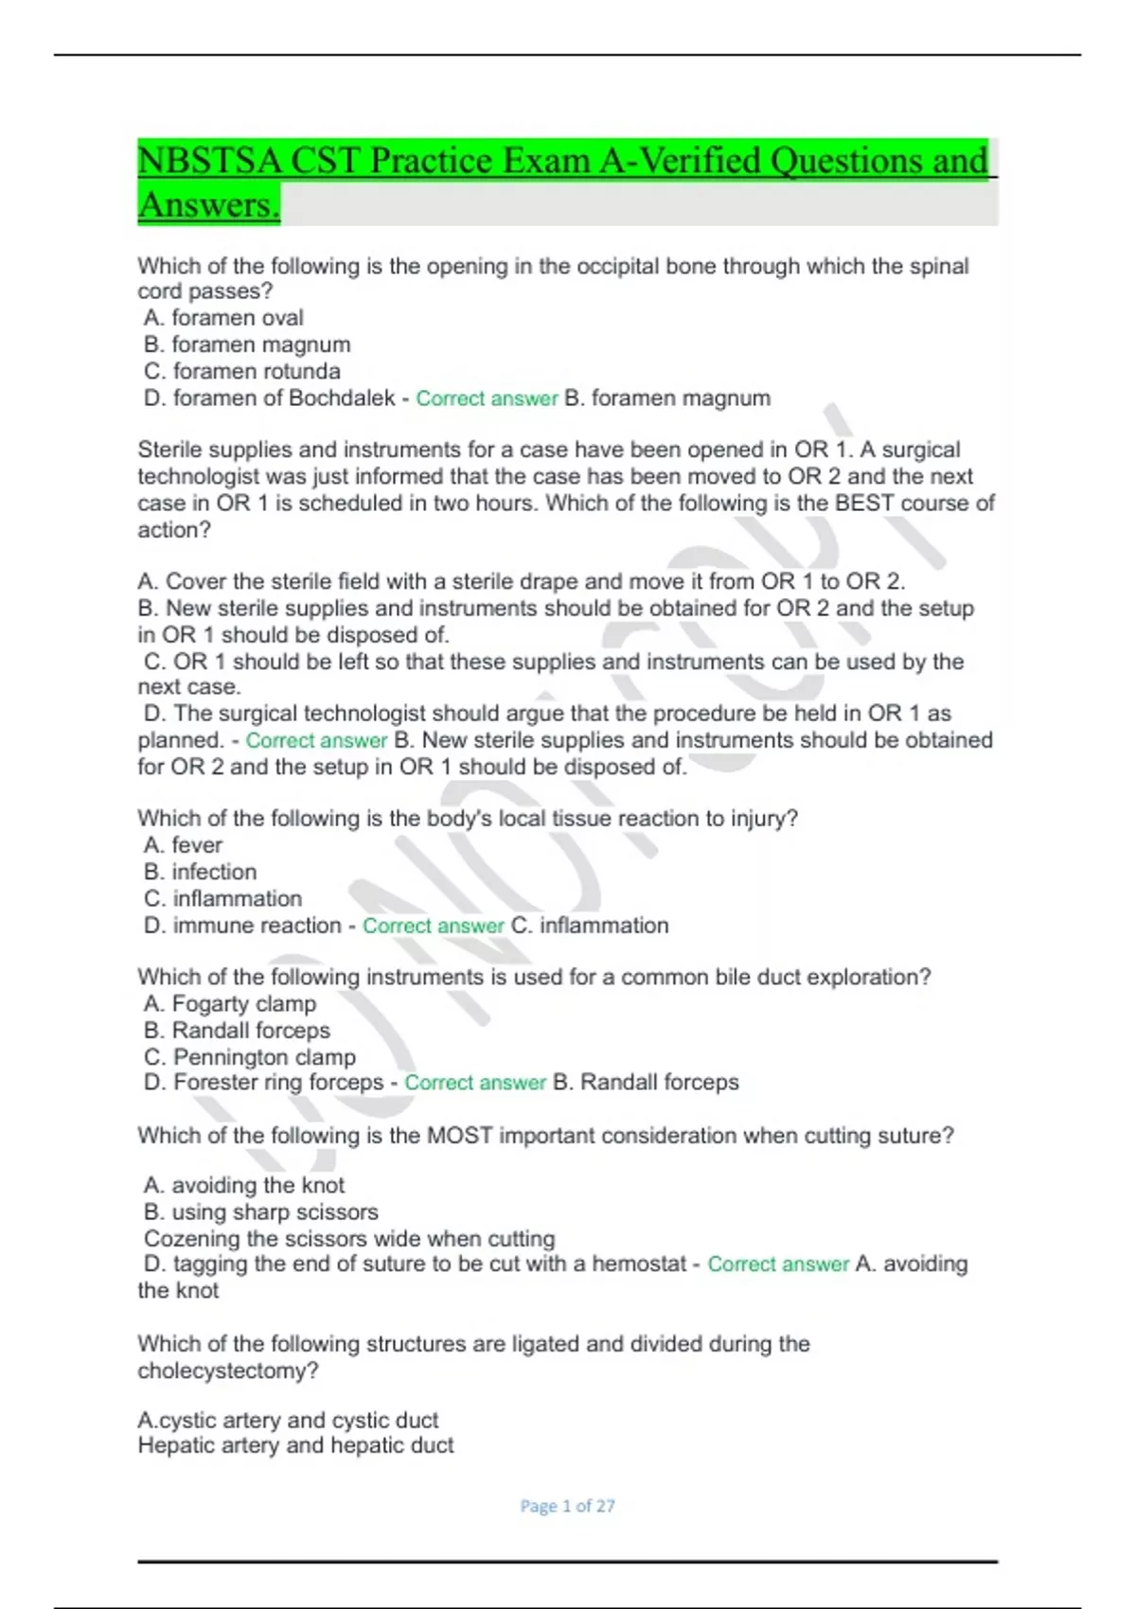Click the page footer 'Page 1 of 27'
[x=567, y=1506]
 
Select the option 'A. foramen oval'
[x=223, y=318]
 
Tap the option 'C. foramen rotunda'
[x=242, y=371]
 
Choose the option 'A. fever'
[x=183, y=845]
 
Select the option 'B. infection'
[x=201, y=872]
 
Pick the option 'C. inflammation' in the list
[x=223, y=898]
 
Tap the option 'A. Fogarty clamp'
[x=230, y=1004]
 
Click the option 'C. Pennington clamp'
[x=250, y=1057]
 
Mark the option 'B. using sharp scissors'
[x=261, y=1212]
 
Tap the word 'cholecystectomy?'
[x=228, y=1371]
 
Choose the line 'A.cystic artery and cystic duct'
[x=288, y=1421]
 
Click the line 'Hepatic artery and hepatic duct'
[x=295, y=1446]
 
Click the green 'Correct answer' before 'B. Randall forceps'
[x=475, y=1084]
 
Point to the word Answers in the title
[x=208, y=205]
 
